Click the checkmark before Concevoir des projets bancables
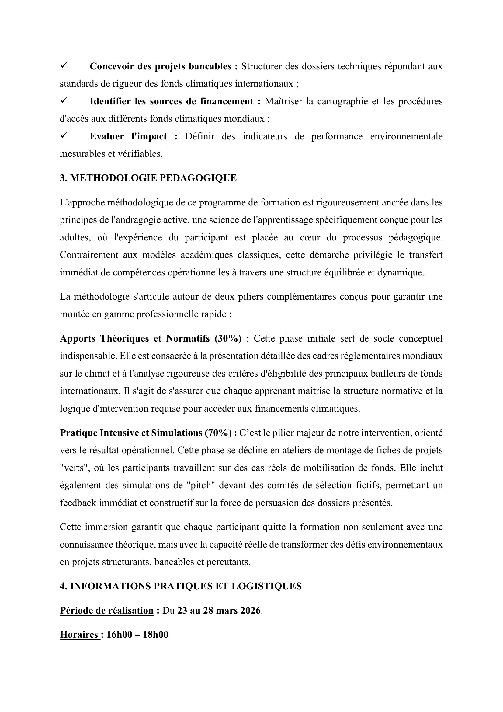pos(64,65)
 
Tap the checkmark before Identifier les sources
pos(64,100)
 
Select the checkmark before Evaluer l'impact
pos(64,135)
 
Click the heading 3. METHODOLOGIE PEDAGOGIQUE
pos(148,178)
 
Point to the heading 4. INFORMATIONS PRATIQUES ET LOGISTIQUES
pos(181,586)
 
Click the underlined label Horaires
pos(79,634)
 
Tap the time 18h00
pos(155,634)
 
